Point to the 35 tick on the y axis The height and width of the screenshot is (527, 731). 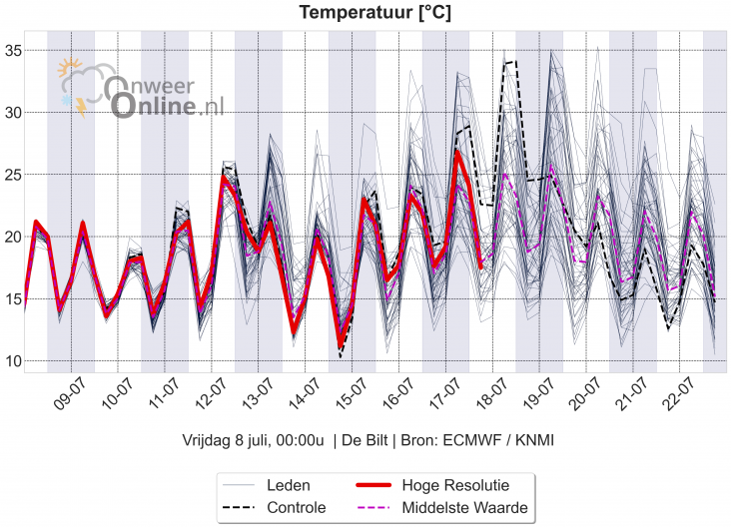tap(11, 50)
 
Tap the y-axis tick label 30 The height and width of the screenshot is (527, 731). tap(11, 112)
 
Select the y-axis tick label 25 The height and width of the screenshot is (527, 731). tap(11, 175)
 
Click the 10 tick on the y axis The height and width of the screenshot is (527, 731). tap(11, 360)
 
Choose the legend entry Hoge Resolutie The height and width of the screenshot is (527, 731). tap(455, 485)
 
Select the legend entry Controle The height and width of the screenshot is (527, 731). tap(296, 508)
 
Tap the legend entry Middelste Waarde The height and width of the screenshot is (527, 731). tap(464, 508)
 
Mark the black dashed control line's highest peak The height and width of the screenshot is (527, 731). tap(513, 61)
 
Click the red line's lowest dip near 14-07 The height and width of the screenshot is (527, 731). tap(341, 345)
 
